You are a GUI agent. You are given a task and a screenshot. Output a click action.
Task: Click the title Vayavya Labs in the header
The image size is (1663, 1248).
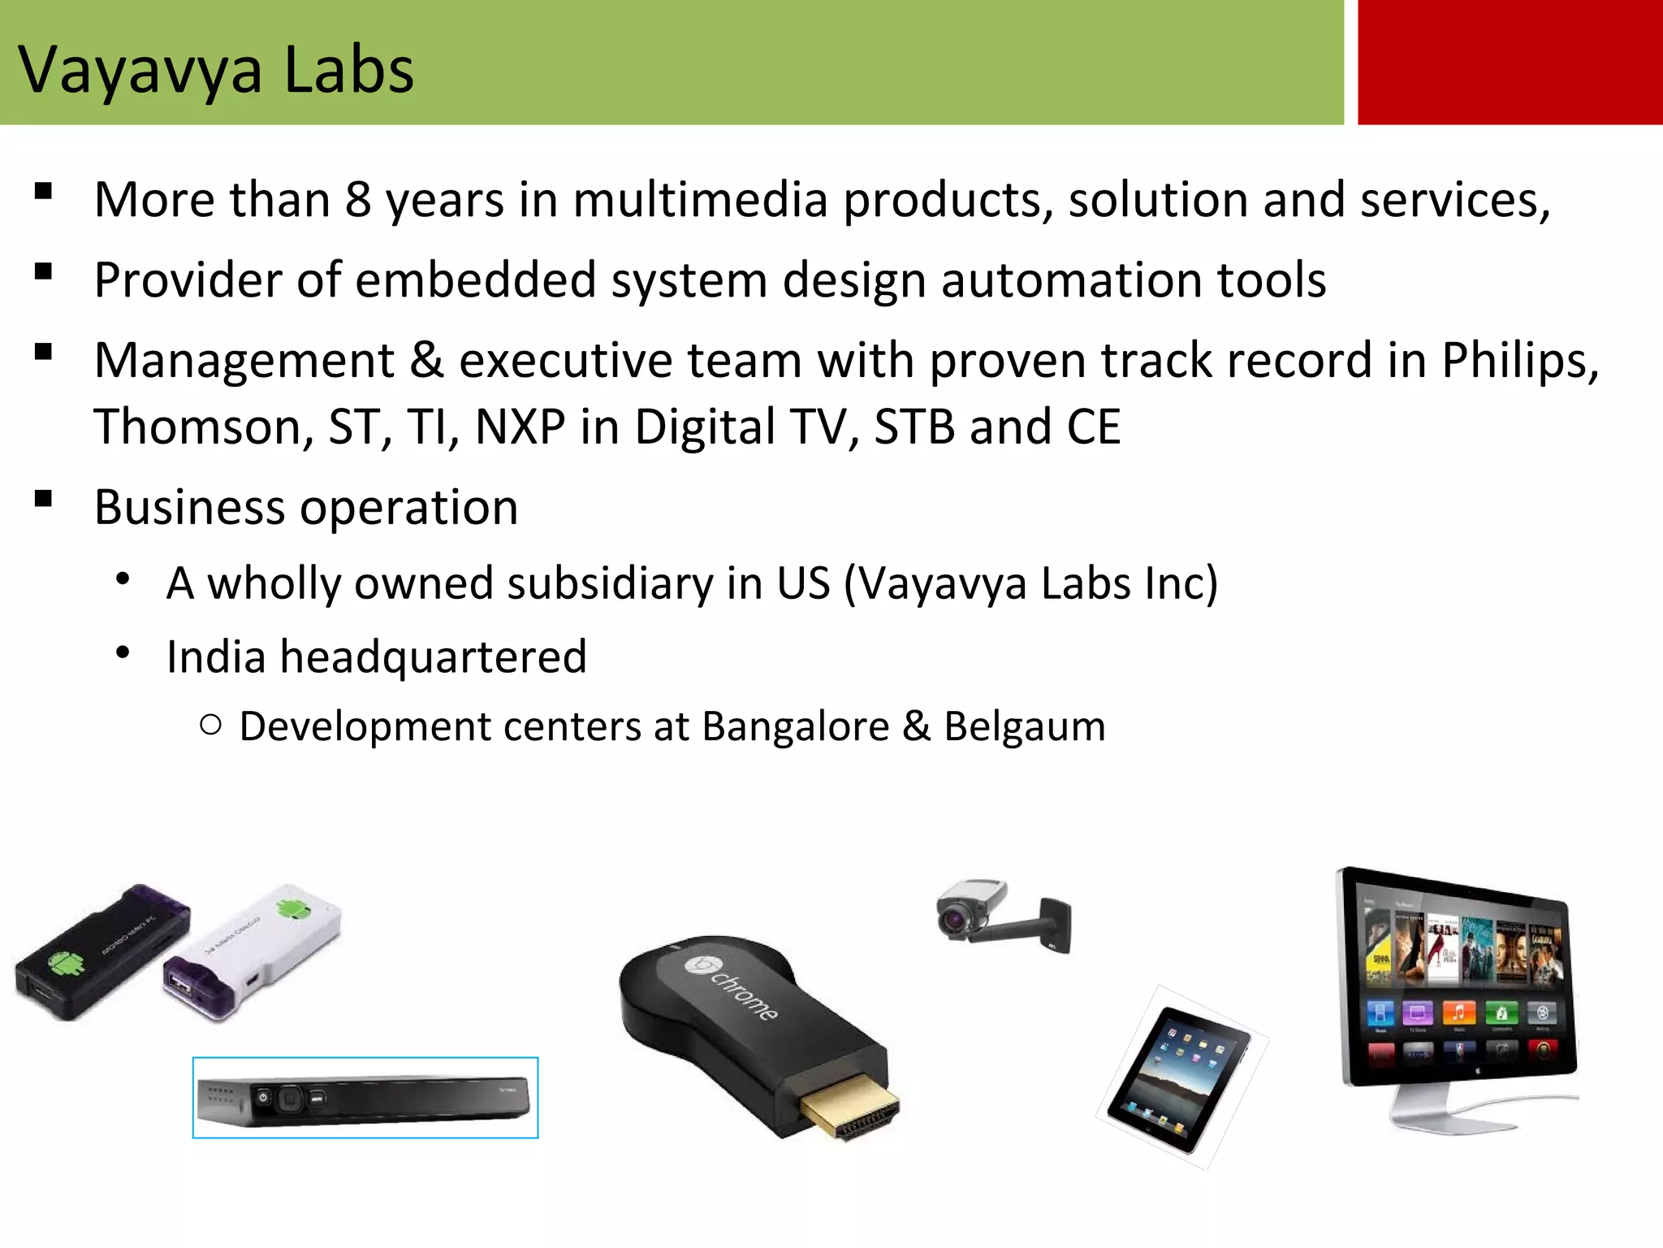coord(216,71)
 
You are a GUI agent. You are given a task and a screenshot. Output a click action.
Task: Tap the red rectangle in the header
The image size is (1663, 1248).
coord(1509,62)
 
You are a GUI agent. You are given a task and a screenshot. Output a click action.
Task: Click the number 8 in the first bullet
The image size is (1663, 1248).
coord(357,200)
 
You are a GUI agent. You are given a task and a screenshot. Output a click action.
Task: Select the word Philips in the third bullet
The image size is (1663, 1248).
coord(1518,361)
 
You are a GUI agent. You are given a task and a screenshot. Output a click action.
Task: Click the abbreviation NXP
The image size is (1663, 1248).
coord(520,427)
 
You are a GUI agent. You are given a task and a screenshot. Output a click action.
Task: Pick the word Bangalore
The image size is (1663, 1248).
coord(796,726)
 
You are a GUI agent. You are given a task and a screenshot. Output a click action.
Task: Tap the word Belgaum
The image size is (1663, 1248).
coord(1025,726)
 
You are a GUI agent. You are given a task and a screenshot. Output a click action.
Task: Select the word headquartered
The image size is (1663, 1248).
coord(433,656)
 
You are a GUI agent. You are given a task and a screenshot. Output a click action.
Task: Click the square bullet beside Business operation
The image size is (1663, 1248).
coord(44,499)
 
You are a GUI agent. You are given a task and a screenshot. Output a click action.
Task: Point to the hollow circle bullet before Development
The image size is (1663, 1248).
coord(210,726)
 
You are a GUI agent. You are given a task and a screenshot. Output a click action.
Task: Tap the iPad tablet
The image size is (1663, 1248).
coord(1179,1078)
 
